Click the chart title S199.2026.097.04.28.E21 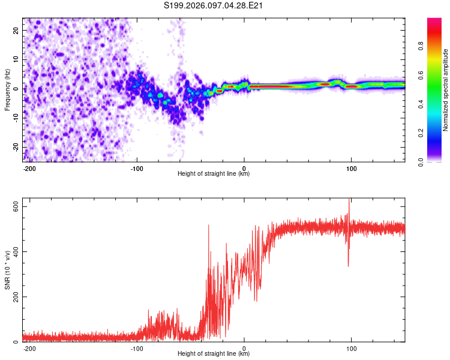[214, 6]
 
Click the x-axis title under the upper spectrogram [214, 174]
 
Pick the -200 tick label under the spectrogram [29, 167]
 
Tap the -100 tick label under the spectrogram [137, 167]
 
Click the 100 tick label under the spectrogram [351, 167]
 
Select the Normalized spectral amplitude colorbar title [446, 90]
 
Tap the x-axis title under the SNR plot [214, 354]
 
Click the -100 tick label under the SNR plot [137, 347]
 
